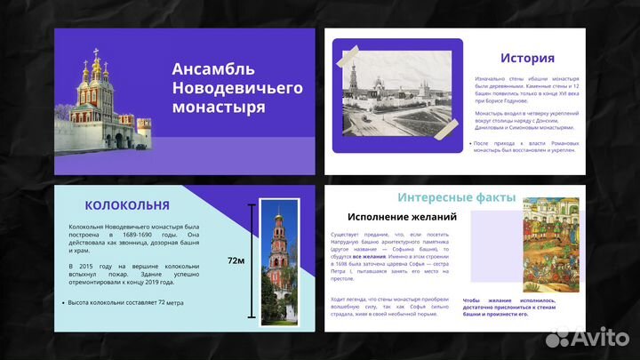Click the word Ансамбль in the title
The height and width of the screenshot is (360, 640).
pyautogui.click(x=213, y=69)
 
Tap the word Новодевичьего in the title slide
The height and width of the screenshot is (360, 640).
pyautogui.click(x=237, y=88)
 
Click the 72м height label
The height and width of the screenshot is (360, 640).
pyautogui.click(x=236, y=260)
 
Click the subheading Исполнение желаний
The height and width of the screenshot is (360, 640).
pyautogui.click(x=402, y=216)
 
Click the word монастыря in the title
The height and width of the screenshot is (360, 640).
pyautogui.click(x=219, y=108)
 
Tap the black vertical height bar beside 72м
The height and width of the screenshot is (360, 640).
pyautogui.click(x=252, y=260)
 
